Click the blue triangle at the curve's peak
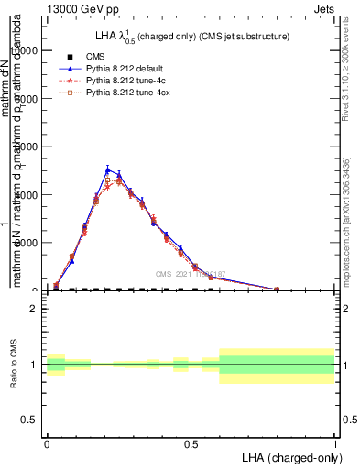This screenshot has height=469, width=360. coord(108,169)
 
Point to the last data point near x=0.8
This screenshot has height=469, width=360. coord(278,289)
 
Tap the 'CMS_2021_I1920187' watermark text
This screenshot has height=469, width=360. coord(190,274)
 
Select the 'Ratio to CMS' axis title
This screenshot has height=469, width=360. coord(15,365)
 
